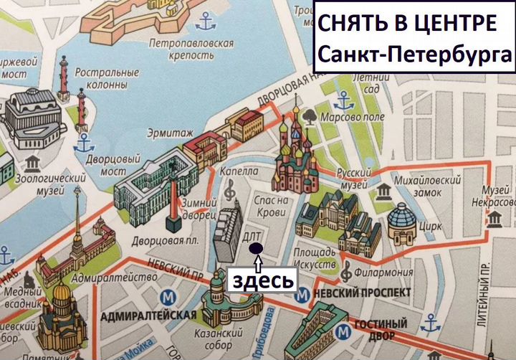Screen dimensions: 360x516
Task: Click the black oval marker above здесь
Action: (255, 248)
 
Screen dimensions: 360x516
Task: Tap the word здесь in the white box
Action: (262, 280)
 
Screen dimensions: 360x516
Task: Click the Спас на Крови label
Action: (271, 207)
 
